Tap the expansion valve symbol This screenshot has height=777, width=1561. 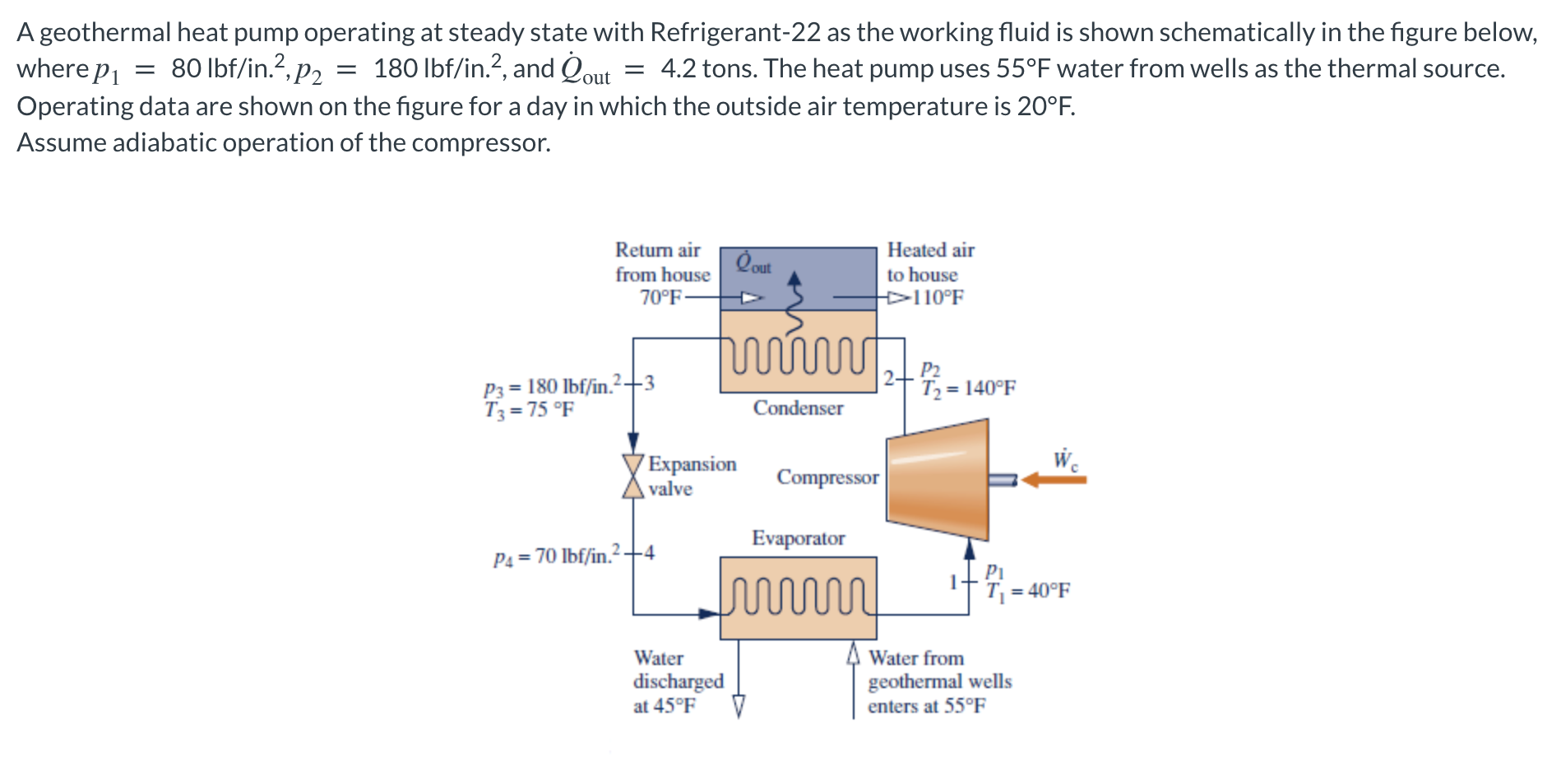(632, 476)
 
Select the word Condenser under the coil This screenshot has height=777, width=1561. (798, 408)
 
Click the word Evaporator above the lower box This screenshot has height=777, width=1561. (798, 538)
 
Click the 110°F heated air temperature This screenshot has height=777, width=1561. (938, 298)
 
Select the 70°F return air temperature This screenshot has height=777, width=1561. (660, 298)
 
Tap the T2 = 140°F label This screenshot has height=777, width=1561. (968, 388)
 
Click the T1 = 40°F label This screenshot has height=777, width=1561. (1028, 590)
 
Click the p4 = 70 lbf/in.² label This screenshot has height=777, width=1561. (555, 556)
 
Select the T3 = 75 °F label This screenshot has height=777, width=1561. (529, 409)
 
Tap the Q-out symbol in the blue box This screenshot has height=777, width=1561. (752, 263)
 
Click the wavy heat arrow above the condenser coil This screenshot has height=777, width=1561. (794, 305)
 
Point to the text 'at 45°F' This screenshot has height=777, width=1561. (664, 706)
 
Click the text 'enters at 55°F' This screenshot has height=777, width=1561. (926, 706)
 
